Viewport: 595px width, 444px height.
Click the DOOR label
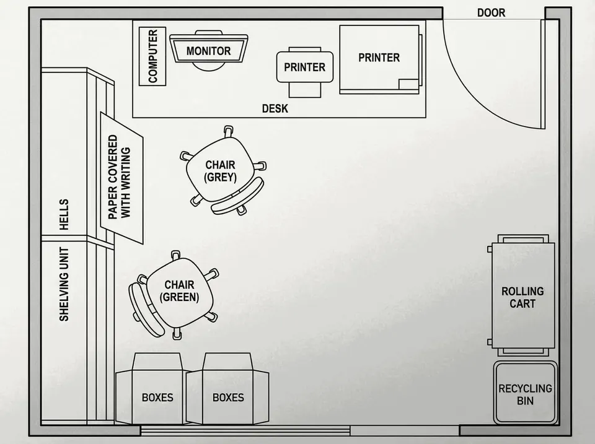tap(491, 13)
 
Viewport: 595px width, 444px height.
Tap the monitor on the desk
tap(209, 48)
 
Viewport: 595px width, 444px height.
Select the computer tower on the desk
tap(152, 56)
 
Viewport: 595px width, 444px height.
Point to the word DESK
tap(275, 109)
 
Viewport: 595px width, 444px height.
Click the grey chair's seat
tap(220, 171)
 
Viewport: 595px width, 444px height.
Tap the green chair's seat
tap(180, 291)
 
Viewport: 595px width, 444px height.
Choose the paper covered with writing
tap(121, 178)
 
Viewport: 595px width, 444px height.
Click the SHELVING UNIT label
tap(64, 284)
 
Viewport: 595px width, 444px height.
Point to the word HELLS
tap(64, 215)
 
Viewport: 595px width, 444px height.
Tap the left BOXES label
tap(157, 398)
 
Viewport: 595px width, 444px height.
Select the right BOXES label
tap(228, 398)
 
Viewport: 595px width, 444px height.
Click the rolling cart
tap(523, 295)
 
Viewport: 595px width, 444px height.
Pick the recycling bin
tap(525, 393)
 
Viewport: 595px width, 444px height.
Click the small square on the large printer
tap(408, 84)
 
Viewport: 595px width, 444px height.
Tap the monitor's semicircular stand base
tap(208, 67)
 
